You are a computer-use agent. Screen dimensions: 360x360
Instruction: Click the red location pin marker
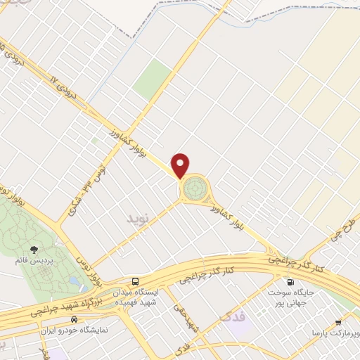click(x=181, y=165)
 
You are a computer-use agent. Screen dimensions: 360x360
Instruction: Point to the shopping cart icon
click(x=339, y=322)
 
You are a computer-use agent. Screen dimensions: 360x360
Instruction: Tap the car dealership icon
click(x=84, y=319)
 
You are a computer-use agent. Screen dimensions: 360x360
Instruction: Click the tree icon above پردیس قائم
click(x=33, y=249)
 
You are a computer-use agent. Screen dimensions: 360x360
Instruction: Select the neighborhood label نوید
click(x=139, y=219)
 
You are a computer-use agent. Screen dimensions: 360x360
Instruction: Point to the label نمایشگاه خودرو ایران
click(x=78, y=330)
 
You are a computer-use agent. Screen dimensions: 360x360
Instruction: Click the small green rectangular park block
click(x=152, y=79)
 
